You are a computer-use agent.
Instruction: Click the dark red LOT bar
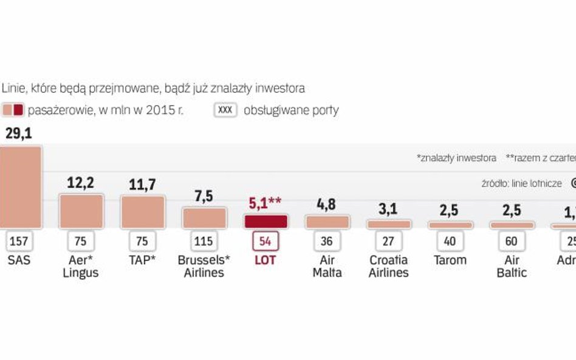(x=265, y=221)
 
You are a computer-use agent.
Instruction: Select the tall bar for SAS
(x=20, y=186)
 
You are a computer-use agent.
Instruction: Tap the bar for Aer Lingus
(x=81, y=211)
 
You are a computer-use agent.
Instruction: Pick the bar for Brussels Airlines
(x=204, y=218)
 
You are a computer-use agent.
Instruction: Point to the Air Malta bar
(x=327, y=222)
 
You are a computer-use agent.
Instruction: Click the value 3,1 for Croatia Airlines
(x=388, y=209)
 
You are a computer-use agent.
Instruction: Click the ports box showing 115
(x=204, y=241)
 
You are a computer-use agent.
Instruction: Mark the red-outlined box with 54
(x=265, y=241)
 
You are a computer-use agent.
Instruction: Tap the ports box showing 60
(x=511, y=241)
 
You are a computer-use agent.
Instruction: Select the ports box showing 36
(x=327, y=241)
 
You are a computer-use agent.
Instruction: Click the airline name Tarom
(x=450, y=260)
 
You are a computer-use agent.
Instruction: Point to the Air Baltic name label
(x=511, y=266)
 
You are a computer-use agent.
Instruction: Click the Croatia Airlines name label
(x=389, y=266)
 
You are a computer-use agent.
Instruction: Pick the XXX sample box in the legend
(x=225, y=110)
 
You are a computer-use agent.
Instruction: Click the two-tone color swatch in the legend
(x=13, y=110)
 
